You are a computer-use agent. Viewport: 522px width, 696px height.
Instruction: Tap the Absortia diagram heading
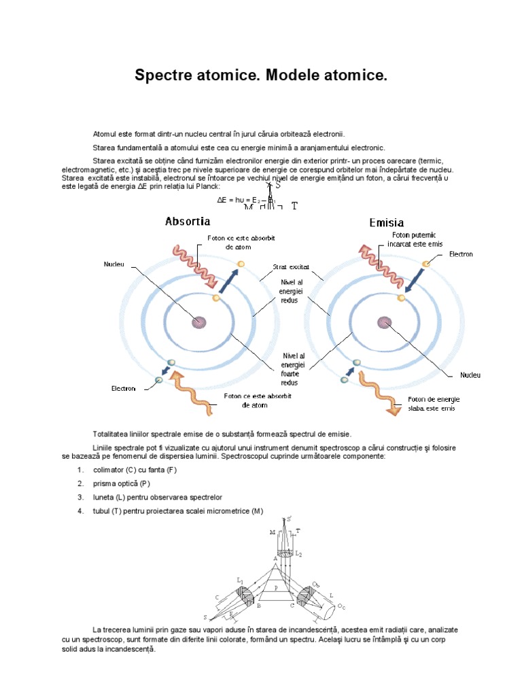pyautogui.click(x=188, y=221)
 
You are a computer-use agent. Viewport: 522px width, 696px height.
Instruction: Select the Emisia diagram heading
pyautogui.click(x=386, y=222)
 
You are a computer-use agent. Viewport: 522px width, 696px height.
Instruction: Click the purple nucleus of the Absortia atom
pyautogui.click(x=199, y=321)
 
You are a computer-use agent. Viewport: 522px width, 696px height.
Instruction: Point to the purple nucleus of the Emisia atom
pyautogui.click(x=384, y=321)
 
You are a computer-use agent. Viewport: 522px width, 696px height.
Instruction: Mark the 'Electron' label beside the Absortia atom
pyautogui.click(x=124, y=389)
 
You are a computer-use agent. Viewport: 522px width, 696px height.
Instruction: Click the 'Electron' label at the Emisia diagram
pyautogui.click(x=461, y=254)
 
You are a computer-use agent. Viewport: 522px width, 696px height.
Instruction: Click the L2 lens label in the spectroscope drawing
pyautogui.click(x=300, y=555)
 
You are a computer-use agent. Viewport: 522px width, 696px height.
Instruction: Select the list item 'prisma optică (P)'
pyautogui.click(x=122, y=483)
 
